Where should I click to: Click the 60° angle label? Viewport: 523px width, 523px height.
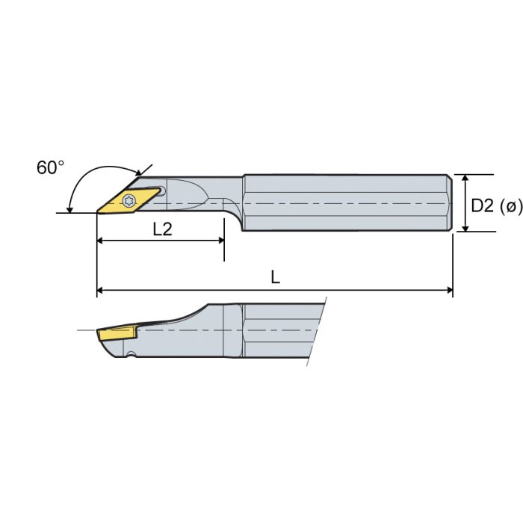50,168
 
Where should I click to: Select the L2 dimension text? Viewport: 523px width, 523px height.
162,230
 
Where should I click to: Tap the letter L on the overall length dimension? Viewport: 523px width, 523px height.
275,278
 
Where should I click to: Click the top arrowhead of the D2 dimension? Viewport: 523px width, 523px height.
465,180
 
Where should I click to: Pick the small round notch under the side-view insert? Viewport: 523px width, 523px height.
131,353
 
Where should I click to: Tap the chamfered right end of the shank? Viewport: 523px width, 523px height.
451,203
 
